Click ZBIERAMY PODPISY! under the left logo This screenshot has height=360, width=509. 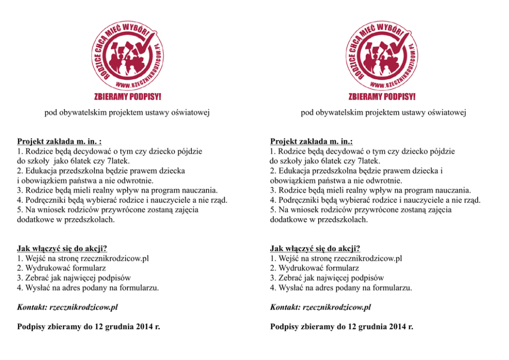[128, 96]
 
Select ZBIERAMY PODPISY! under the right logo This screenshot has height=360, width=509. [382, 96]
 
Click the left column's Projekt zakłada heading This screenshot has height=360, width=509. [59, 141]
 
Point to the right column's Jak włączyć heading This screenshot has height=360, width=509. [315, 249]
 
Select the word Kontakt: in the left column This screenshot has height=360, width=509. [32, 307]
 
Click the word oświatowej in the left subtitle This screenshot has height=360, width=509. [189, 112]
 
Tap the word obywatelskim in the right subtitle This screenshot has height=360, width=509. [338, 112]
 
